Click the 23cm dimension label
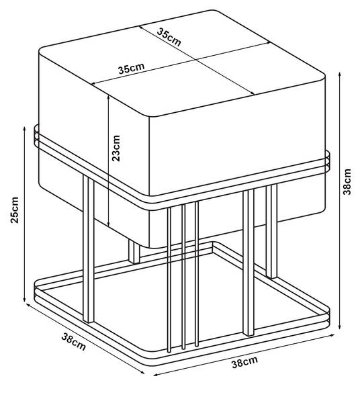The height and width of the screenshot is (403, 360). (x=116, y=148)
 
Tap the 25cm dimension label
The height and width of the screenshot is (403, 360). (x=14, y=210)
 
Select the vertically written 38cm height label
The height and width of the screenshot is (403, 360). (x=347, y=182)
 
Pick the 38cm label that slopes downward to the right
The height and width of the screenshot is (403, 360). (x=73, y=342)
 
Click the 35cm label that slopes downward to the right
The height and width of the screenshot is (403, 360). (x=169, y=37)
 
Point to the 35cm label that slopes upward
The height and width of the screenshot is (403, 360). (x=132, y=68)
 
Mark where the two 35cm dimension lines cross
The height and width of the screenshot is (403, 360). (x=196, y=60)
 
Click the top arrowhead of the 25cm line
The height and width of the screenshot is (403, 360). (x=25, y=128)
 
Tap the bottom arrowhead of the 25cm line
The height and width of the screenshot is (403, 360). (x=24, y=300)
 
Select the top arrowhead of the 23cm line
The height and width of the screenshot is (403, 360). (x=109, y=97)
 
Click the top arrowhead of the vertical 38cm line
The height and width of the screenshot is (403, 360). (x=340, y=75)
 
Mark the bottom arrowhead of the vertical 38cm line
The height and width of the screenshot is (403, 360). (x=340, y=327)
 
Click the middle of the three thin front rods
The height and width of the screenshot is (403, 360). (x=183, y=277)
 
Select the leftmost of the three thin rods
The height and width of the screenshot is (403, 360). (x=169, y=280)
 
